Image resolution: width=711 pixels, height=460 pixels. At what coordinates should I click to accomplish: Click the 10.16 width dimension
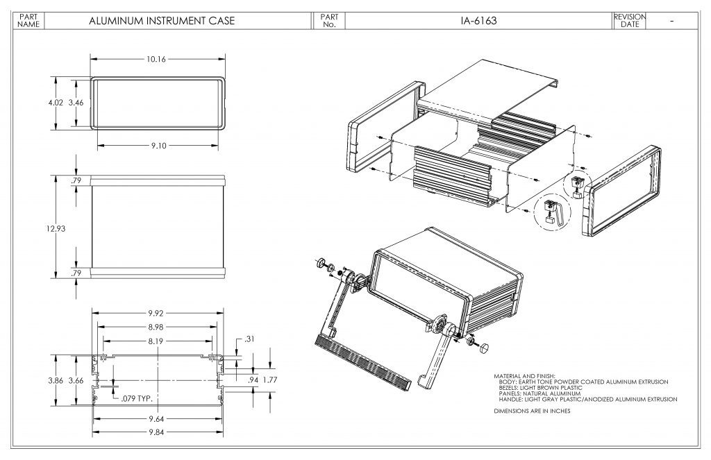(x=156, y=60)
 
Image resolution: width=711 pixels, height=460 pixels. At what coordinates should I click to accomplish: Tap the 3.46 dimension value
(x=76, y=102)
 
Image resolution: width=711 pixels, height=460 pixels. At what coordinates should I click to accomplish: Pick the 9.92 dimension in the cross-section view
(x=156, y=313)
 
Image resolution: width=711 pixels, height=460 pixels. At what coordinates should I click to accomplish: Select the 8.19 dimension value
(x=156, y=341)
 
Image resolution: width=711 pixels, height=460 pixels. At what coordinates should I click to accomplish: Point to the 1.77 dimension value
(x=271, y=380)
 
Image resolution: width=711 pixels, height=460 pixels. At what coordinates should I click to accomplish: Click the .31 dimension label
(x=249, y=339)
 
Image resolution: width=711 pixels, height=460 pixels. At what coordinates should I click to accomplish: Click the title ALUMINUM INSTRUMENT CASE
(x=162, y=21)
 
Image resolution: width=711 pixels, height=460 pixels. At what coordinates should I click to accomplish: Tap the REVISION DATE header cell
(x=630, y=21)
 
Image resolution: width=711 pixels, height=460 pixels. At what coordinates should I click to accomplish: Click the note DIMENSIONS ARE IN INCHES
(x=532, y=411)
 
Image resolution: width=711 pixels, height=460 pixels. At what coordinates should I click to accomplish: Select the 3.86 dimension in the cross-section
(x=56, y=380)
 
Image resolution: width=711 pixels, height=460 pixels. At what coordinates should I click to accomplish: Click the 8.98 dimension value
(x=156, y=327)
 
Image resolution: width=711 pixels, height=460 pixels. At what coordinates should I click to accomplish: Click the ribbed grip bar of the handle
(x=360, y=360)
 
